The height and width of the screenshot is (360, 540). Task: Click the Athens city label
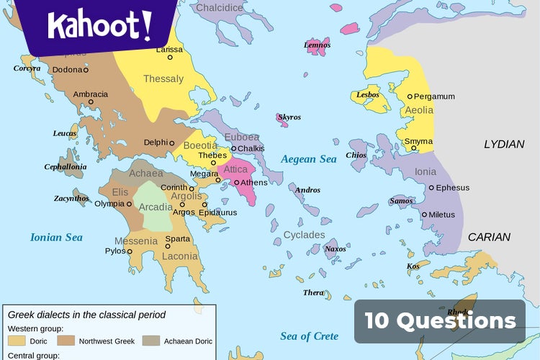253,182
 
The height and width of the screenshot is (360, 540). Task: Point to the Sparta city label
178,238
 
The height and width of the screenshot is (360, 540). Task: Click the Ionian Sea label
56,237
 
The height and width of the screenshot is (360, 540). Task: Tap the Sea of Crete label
309,336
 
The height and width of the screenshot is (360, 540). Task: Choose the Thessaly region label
163,78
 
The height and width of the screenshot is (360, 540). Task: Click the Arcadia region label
156,207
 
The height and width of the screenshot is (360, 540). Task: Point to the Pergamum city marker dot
410,96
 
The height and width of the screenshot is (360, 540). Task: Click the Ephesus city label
453,188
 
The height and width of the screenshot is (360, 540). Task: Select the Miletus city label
441,215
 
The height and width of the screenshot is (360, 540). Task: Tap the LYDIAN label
504,144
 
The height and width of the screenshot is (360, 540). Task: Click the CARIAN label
489,237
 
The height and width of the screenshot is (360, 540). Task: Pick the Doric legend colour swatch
17,341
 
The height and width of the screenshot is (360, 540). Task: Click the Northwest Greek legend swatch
67,341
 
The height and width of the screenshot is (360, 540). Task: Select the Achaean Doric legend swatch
151,341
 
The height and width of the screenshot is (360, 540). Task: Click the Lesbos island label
367,95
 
